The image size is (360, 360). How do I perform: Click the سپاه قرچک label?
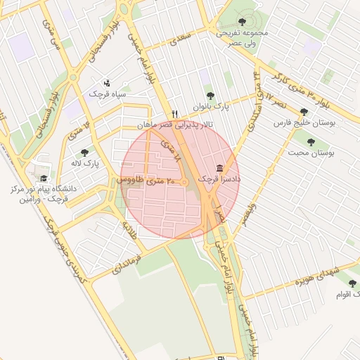pos(107,93)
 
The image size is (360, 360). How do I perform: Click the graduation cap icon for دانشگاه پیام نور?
pos(44,179)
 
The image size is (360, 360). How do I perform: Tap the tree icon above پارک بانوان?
pos(210,96)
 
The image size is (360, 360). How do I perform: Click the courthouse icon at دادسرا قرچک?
pos(220,169)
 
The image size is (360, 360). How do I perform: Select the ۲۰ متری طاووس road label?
pos(141,181)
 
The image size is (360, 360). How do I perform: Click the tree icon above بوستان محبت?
pos(311,141)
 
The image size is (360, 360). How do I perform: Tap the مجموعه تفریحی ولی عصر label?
pos(243,37)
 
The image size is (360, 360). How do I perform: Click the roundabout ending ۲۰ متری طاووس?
pos(185,183)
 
